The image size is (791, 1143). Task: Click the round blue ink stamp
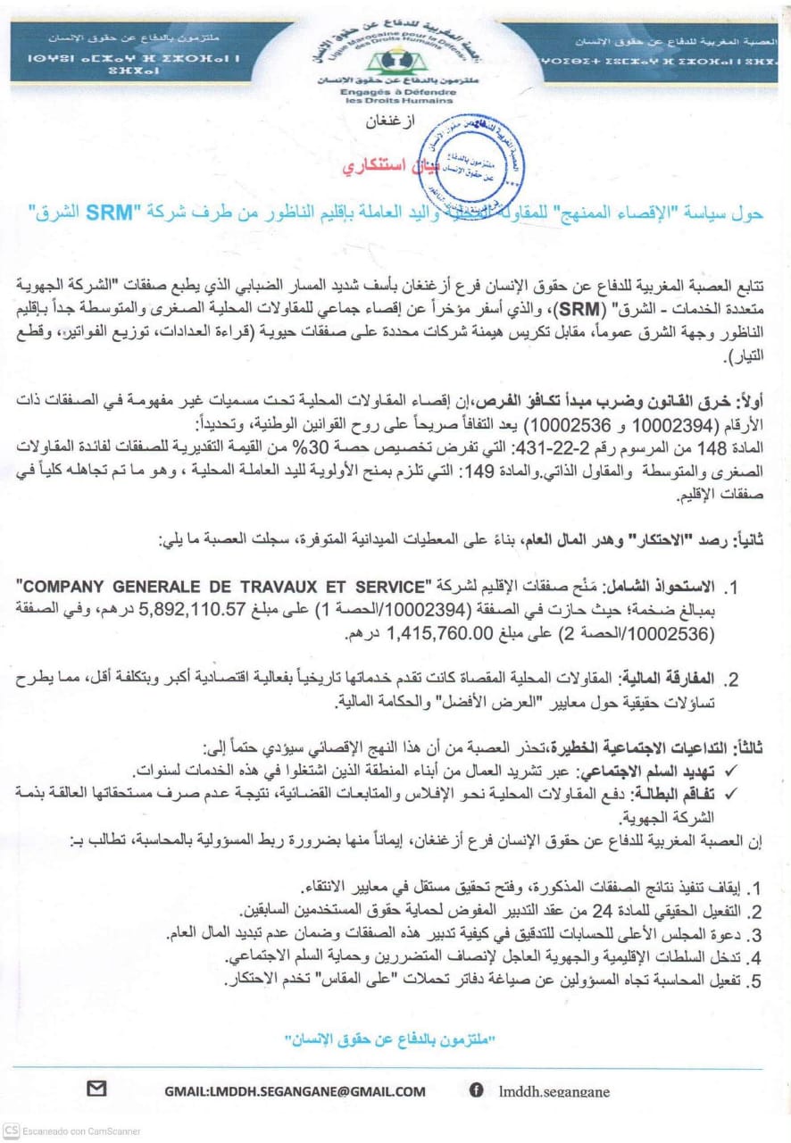click(x=485, y=153)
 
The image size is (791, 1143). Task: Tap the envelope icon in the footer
click(x=96, y=1089)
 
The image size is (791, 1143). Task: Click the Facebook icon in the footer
click(x=477, y=1089)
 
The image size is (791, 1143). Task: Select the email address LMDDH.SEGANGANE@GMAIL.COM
click(x=295, y=1090)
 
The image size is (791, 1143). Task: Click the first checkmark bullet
click(x=759, y=770)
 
